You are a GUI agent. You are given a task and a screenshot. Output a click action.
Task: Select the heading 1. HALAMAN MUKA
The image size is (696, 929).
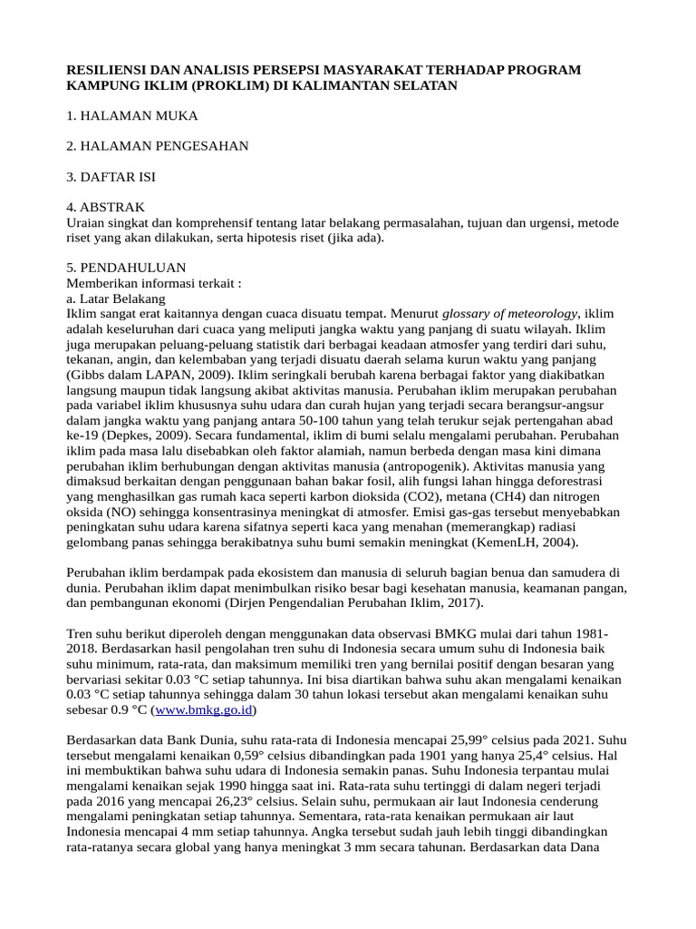(x=132, y=115)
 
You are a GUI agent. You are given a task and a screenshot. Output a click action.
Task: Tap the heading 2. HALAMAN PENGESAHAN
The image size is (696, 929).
(x=158, y=145)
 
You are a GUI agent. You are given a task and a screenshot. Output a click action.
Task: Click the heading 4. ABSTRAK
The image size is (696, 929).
(x=106, y=207)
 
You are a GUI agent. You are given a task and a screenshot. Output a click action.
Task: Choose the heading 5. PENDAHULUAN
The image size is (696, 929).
(x=127, y=268)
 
